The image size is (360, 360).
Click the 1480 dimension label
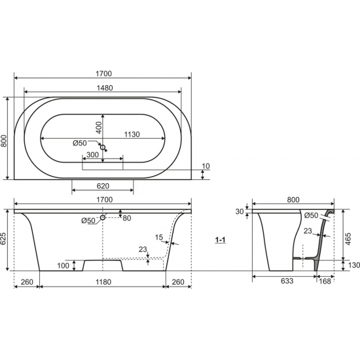click(x=105, y=88)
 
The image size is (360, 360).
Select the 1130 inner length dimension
click(x=132, y=134)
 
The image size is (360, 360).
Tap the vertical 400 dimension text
click(x=98, y=128)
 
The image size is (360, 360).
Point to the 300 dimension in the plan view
click(x=93, y=154)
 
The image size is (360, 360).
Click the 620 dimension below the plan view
click(x=103, y=186)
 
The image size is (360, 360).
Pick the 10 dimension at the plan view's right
click(x=206, y=166)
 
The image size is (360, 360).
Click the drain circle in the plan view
click(x=103, y=147)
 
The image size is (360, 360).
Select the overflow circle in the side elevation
click(x=103, y=217)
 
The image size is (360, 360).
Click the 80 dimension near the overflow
click(x=127, y=218)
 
